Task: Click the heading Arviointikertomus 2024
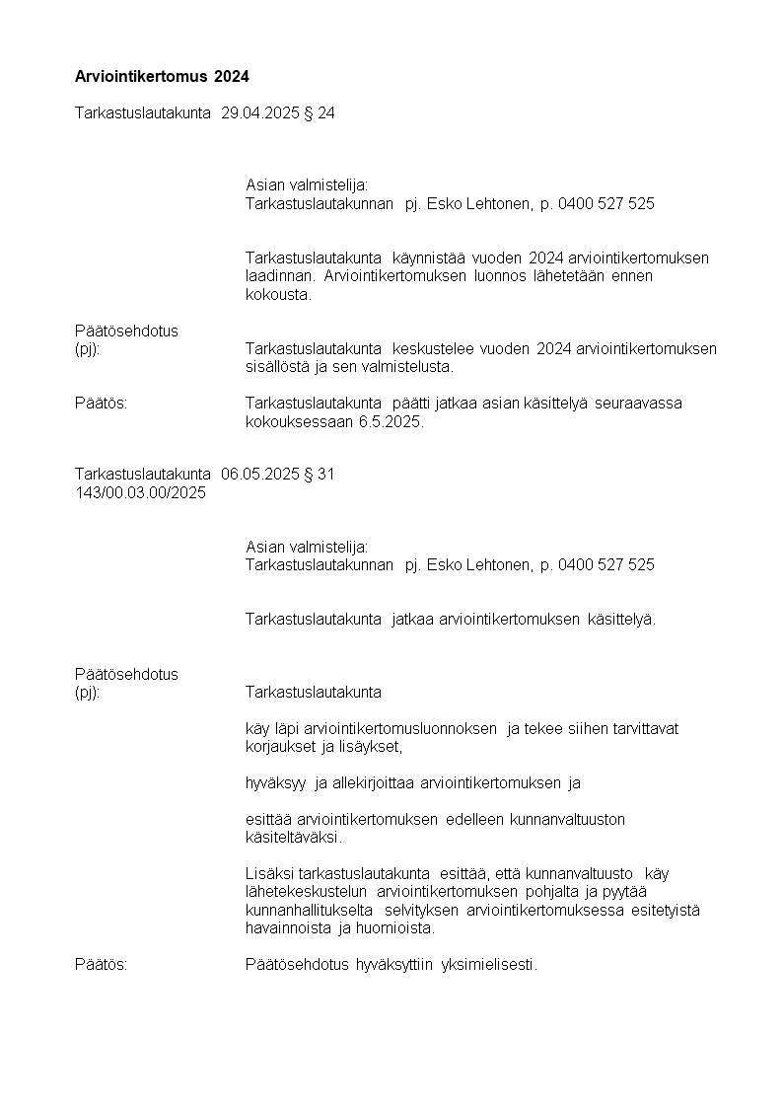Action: tap(162, 76)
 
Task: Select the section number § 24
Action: tap(320, 113)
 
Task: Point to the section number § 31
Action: tap(320, 475)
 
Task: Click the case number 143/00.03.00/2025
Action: tap(140, 493)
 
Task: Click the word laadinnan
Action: tap(279, 276)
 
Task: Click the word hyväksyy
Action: tap(277, 783)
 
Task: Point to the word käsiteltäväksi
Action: tap(294, 838)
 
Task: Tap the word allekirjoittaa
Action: tap(369, 783)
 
